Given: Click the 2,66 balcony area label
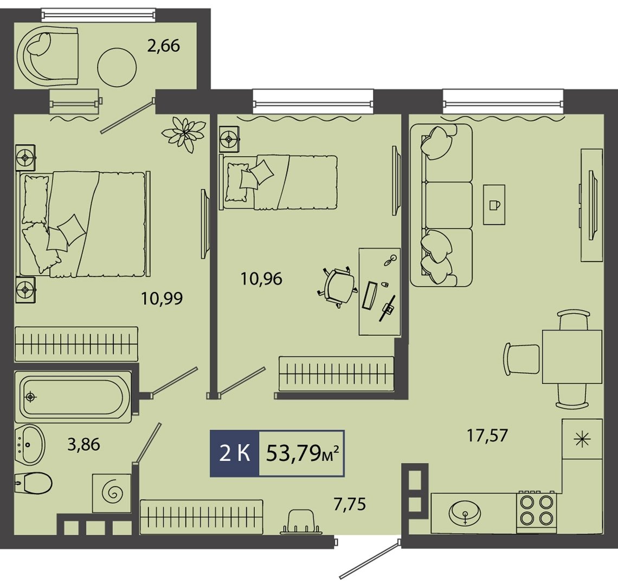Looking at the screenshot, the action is (x=164, y=45).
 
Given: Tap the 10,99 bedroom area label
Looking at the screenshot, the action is (x=162, y=298).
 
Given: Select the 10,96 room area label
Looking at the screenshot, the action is (x=261, y=279).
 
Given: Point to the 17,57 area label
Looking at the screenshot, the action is (x=487, y=435).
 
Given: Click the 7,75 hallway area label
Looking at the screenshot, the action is (x=350, y=504).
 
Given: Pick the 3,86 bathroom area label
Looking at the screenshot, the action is (x=83, y=444).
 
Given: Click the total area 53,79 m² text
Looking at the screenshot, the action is (x=302, y=453).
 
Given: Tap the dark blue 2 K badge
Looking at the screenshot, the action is (x=235, y=453).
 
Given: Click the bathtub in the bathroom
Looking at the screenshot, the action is (x=73, y=396).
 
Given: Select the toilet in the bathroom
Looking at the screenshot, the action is (x=34, y=482).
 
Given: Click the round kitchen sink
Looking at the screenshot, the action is (x=465, y=513).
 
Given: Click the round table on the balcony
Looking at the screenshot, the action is (x=117, y=67).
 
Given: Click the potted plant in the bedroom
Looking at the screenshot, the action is (x=184, y=134).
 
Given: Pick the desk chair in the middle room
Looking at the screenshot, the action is (x=337, y=287).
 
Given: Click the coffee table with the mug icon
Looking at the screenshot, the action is (x=494, y=204).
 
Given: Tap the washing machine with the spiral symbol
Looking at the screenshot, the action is (x=112, y=493).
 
